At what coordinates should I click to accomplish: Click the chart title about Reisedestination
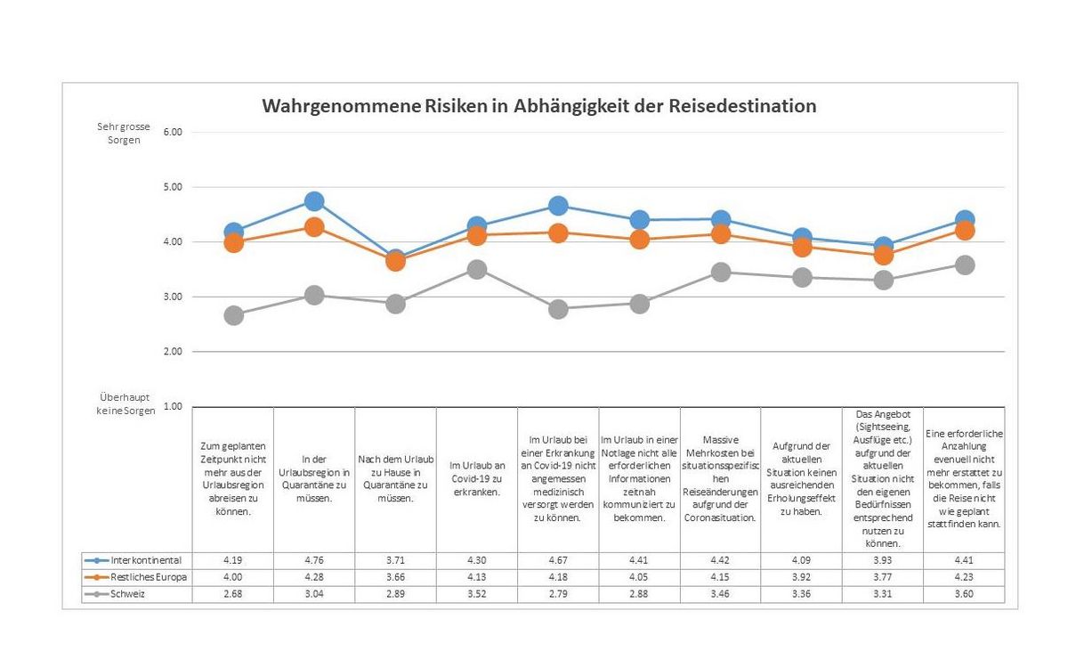tap(538, 106)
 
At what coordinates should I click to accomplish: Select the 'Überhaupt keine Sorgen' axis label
tap(125, 403)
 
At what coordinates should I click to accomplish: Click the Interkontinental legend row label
tap(146, 560)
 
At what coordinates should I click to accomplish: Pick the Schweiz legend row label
tap(130, 594)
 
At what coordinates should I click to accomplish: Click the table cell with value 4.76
tap(314, 560)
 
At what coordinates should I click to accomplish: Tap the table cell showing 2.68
tap(233, 594)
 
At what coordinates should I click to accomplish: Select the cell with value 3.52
tap(477, 594)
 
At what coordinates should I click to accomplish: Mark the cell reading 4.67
tap(558, 560)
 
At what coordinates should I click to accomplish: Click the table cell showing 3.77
tap(883, 577)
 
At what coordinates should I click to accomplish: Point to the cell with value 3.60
tap(964, 594)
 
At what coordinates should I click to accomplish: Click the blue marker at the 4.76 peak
tap(314, 201)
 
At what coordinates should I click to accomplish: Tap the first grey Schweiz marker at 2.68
tap(233, 315)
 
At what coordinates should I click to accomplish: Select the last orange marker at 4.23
tap(964, 231)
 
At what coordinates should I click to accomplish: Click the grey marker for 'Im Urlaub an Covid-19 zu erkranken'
tap(477, 269)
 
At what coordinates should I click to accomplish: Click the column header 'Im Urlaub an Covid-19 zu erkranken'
tap(477, 478)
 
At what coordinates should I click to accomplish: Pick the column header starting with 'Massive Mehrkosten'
tap(720, 478)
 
